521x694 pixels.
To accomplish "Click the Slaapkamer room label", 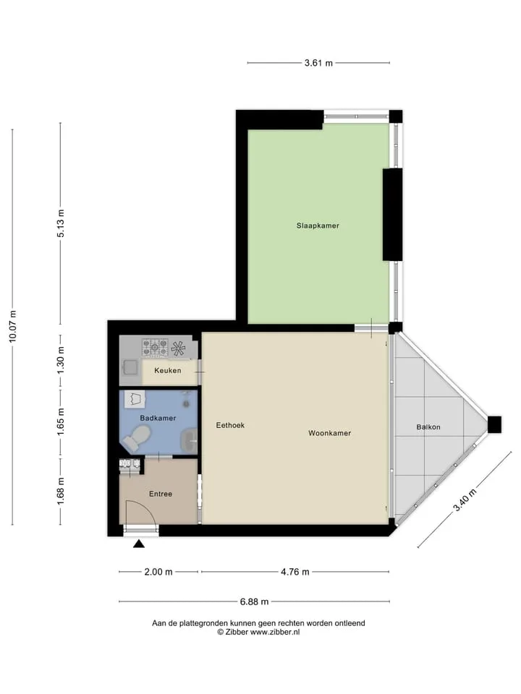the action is click(x=318, y=226).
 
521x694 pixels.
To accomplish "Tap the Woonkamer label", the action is click(x=330, y=433).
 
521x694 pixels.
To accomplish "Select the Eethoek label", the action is click(x=230, y=425).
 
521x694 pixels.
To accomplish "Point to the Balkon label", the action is click(x=428, y=427).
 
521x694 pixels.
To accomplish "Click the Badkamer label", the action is click(x=158, y=419).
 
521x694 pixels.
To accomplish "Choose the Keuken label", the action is click(x=167, y=370).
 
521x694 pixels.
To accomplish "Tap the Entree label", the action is click(x=161, y=494).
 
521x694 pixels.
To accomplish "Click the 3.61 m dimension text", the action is click(x=318, y=63).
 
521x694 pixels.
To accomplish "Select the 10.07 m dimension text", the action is click(x=12, y=326).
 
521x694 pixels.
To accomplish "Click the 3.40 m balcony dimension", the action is click(x=465, y=500).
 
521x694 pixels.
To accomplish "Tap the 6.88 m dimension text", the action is click(x=254, y=601).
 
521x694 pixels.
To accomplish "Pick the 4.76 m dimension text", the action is click(x=295, y=572).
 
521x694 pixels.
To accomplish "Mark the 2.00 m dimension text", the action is click(x=158, y=572).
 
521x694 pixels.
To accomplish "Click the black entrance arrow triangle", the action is click(x=139, y=544).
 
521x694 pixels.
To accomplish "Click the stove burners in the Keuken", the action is click(x=155, y=348).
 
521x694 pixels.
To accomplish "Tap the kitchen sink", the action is click(x=130, y=367).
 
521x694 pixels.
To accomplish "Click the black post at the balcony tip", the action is click(x=494, y=424).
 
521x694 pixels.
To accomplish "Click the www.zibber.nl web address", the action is click(x=275, y=632).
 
